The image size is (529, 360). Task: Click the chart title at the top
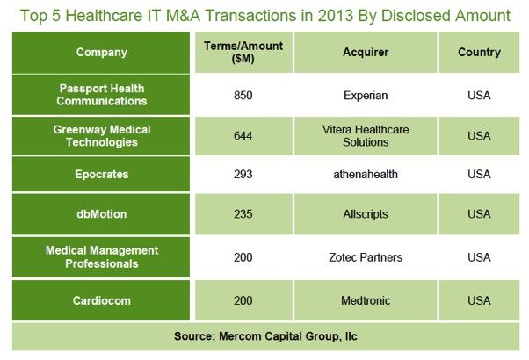[264, 15]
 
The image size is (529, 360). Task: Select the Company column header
[102, 52]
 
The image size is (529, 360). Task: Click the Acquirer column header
[366, 52]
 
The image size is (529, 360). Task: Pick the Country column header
[479, 52]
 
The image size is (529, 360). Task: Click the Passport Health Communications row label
[102, 94]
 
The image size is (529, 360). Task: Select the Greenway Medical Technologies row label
[102, 135]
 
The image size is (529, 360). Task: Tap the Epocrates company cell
[102, 174]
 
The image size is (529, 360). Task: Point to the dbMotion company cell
[102, 214]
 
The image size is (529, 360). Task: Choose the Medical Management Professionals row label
[102, 256]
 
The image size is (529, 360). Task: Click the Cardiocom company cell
[102, 300]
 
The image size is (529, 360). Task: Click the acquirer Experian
[366, 95]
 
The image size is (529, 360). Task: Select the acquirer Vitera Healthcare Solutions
[366, 135]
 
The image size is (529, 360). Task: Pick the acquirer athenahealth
[366, 174]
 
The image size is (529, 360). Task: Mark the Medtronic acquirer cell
[366, 300]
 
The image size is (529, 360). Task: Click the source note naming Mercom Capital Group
[264, 335]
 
